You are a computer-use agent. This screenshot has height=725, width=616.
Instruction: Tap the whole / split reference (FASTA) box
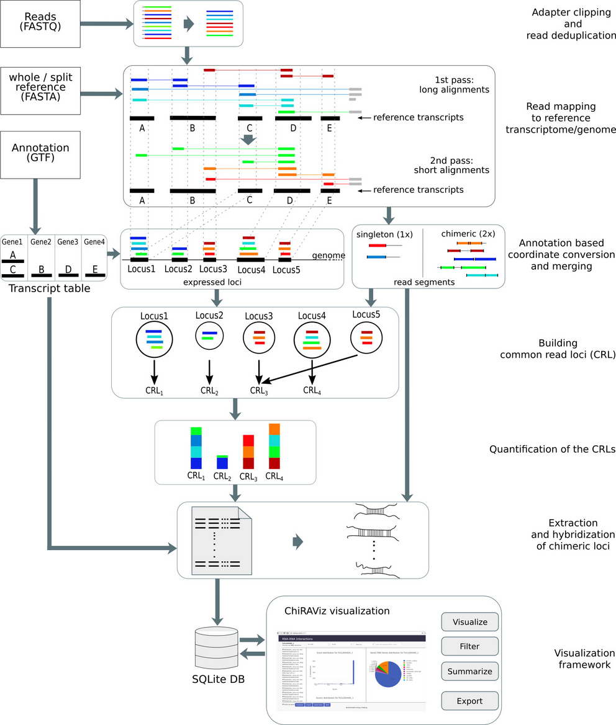point(40,91)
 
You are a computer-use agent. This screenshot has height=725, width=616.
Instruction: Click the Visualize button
point(470,621)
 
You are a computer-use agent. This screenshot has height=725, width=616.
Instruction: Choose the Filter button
point(470,646)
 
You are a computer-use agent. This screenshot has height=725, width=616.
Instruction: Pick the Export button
point(470,701)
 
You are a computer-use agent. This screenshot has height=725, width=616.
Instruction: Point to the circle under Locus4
point(312,340)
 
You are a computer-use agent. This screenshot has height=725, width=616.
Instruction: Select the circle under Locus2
point(209,336)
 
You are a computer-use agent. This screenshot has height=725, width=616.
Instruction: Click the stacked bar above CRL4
point(274,447)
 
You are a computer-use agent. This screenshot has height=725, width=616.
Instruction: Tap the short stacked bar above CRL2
point(222,462)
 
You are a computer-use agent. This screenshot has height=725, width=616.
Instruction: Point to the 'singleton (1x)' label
point(384,234)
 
